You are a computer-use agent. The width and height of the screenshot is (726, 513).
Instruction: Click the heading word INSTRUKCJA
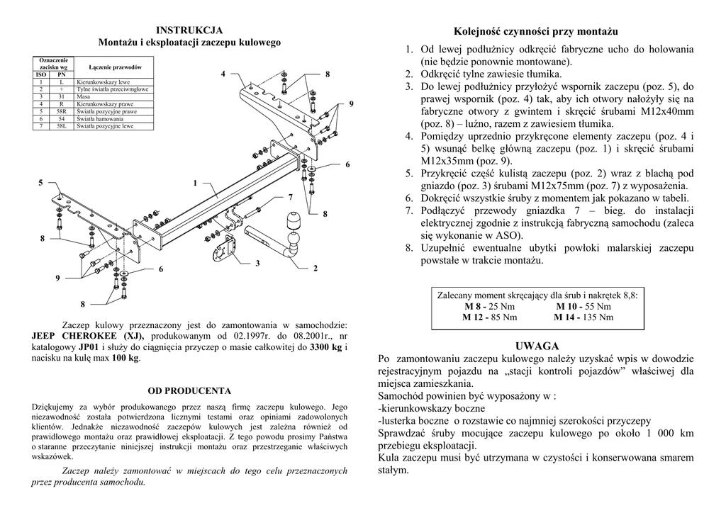[189, 30]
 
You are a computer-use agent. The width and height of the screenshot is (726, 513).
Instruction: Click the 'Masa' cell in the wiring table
[82, 96]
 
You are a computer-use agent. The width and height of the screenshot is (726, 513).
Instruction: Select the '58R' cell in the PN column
[61, 111]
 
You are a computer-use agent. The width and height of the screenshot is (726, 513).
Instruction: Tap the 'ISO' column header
[41, 74]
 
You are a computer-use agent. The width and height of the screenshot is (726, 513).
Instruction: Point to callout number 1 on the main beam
[195, 184]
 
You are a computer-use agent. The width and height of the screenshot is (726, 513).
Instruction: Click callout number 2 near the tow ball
[315, 268]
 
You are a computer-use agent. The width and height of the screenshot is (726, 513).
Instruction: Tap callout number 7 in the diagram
[290, 196]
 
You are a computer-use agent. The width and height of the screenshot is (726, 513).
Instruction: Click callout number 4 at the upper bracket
[223, 74]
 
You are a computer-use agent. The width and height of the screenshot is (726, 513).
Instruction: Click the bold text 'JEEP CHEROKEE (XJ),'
[88, 335]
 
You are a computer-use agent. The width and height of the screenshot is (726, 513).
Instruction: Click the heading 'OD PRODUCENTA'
[189, 390]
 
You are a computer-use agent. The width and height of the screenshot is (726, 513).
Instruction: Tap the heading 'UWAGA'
[537, 346]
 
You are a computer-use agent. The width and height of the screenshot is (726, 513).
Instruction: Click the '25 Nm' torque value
[501, 306]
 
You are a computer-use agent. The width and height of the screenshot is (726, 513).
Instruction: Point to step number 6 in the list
[409, 198]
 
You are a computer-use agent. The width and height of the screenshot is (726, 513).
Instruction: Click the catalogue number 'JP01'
[90, 347]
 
